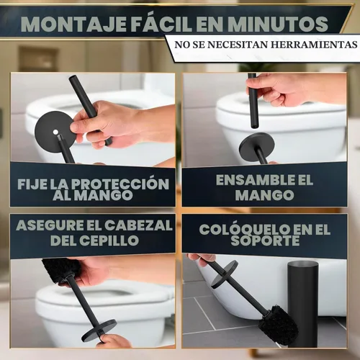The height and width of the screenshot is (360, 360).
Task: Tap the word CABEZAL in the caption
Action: pos(138,225)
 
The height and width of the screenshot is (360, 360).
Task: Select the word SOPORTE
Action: pos(265,240)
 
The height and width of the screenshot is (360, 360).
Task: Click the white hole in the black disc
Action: pos(55,132)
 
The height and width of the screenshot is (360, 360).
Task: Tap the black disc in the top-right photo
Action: pos(257,144)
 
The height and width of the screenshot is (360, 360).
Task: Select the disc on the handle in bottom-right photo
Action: pos(225,274)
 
